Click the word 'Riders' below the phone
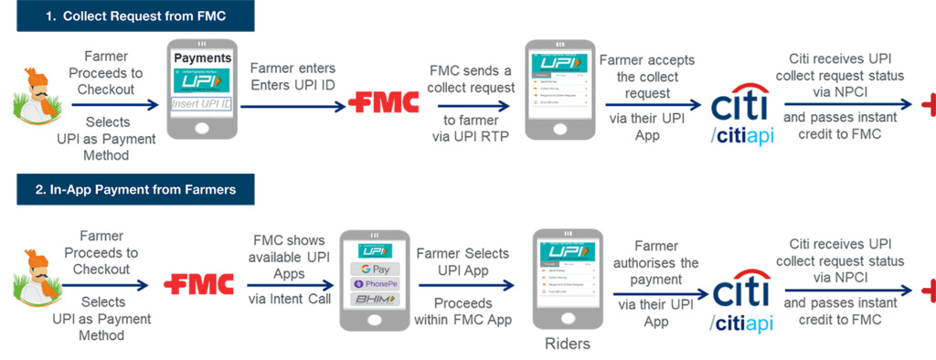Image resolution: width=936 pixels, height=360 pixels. (x=564, y=344)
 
